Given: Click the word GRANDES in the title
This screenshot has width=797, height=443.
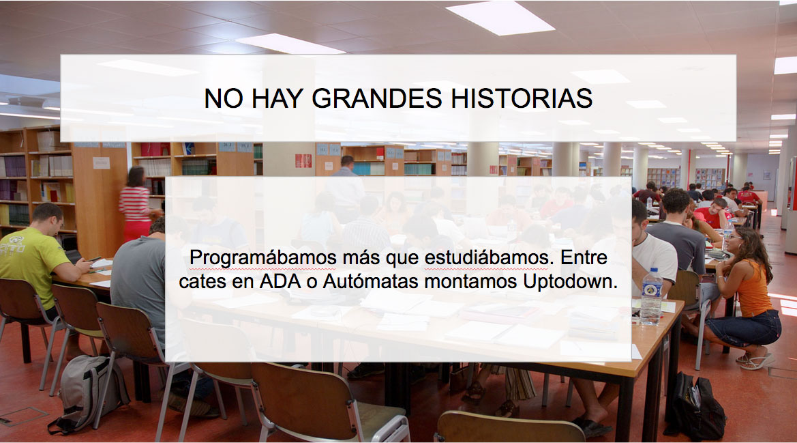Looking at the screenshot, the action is (x=376, y=98).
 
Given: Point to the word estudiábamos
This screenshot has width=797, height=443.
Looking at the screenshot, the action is (x=486, y=257).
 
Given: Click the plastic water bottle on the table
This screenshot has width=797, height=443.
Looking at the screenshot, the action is (x=651, y=296).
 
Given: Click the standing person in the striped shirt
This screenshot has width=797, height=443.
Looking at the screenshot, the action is (x=136, y=203).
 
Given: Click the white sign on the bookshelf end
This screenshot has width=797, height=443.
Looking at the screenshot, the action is (x=101, y=162).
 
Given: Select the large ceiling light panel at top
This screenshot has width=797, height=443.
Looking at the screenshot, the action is (x=500, y=18).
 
